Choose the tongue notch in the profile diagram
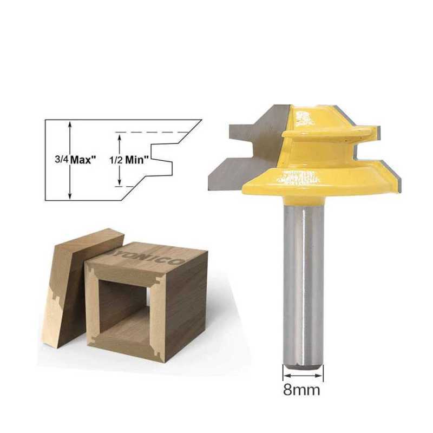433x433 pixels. tap(162, 157)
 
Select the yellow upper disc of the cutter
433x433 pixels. tap(325, 133)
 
